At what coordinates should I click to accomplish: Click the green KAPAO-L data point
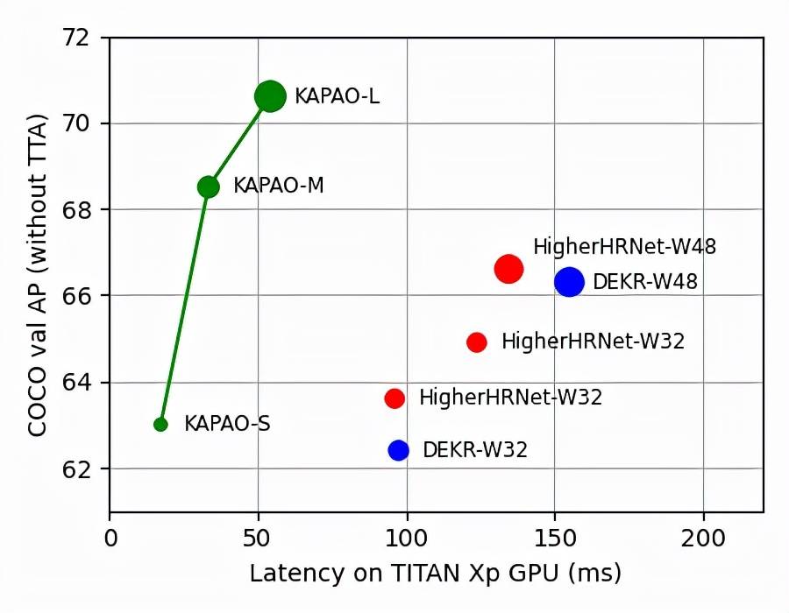(x=270, y=96)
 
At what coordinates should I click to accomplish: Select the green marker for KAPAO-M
(x=208, y=187)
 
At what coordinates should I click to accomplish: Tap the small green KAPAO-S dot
(x=160, y=425)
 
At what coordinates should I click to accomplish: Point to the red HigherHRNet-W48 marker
(x=508, y=269)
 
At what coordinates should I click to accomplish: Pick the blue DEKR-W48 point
(x=569, y=282)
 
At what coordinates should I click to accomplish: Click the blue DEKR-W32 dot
(x=399, y=450)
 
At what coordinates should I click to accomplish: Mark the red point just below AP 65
(x=477, y=342)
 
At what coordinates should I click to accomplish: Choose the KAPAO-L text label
(x=337, y=96)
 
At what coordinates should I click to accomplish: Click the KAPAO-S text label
(x=227, y=425)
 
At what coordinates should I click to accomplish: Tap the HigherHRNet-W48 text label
(x=624, y=247)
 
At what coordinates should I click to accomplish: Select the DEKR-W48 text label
(x=645, y=282)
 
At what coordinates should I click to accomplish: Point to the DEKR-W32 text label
(x=475, y=450)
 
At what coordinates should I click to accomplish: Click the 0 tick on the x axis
(x=110, y=536)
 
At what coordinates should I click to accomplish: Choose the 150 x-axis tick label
(x=554, y=536)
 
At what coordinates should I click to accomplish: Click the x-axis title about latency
(x=436, y=574)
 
